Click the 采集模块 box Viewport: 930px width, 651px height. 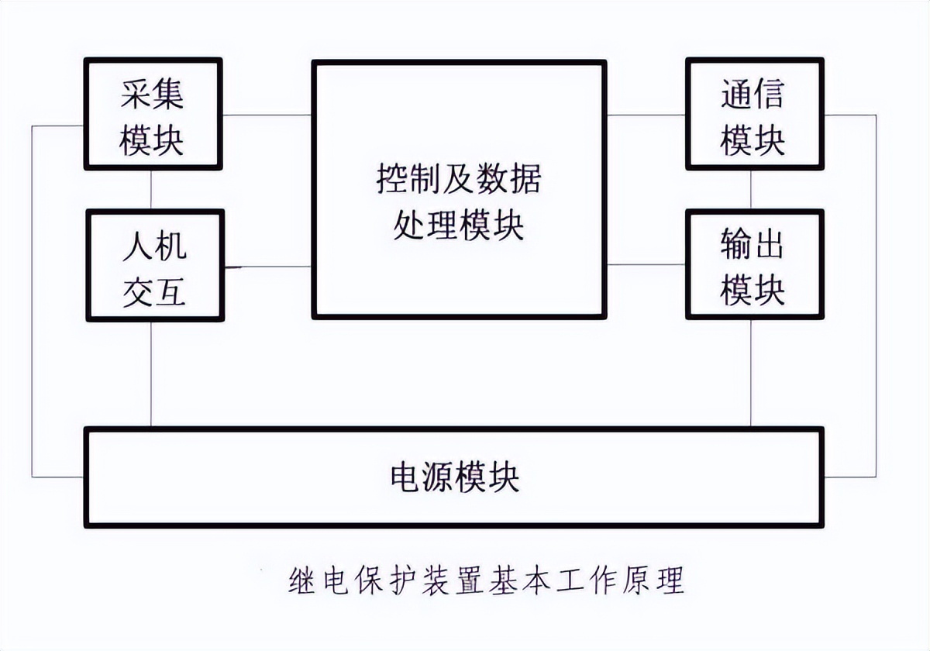(x=153, y=114)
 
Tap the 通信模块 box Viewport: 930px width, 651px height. (x=753, y=114)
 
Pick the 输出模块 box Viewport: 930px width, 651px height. (x=753, y=265)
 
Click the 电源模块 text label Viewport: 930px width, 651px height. (x=454, y=477)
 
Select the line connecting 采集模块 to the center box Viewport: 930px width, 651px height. (x=267, y=115)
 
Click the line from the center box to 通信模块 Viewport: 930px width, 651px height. (x=646, y=115)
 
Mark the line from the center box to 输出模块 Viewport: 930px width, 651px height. (x=646, y=265)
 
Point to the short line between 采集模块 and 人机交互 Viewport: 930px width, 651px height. (x=151, y=189)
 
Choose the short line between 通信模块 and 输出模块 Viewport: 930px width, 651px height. (x=751, y=189)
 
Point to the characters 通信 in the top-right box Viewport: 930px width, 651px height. (x=753, y=95)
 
